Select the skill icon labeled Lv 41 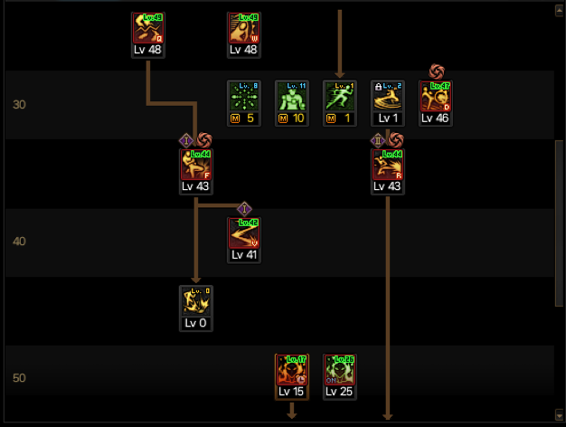244,233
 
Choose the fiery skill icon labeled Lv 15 292,370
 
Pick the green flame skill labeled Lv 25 340,370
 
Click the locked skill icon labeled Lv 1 388,97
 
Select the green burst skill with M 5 244,97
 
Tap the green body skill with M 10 292,97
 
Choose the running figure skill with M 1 340,97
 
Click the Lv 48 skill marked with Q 147,28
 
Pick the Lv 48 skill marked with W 244,28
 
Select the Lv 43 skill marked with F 196,165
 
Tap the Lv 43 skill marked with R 388,165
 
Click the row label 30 20,105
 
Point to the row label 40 20,242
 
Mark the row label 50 20,378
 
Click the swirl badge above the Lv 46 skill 437,71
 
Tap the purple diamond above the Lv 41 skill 244,208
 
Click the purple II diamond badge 378,139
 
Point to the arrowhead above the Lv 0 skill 196,280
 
